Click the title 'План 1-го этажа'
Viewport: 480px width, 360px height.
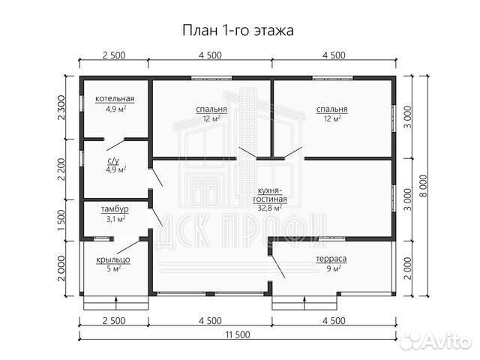tap(239, 31)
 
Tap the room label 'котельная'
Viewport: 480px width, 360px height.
tap(115, 99)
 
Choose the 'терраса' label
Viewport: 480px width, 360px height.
tap(330, 259)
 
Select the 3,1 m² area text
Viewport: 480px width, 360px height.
tap(115, 219)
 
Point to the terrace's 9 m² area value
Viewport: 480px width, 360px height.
tap(330, 269)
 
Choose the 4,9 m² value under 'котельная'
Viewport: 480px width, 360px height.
tap(115, 109)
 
